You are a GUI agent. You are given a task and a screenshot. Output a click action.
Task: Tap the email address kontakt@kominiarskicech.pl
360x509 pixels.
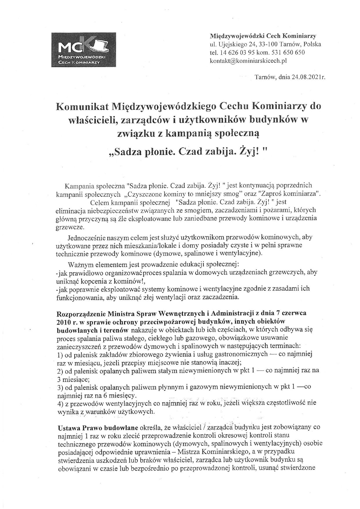click(x=248, y=61)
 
